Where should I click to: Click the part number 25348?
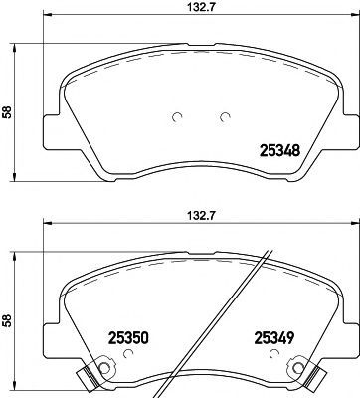[x=280, y=151]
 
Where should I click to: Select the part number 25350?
[x=128, y=338]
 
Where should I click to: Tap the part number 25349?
[x=273, y=338]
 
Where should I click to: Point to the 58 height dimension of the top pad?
[x=7, y=112]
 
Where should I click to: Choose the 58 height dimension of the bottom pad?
[x=7, y=320]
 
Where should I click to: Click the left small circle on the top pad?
[x=177, y=117]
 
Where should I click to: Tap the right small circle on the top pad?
[x=226, y=117]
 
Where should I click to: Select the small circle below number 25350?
[x=127, y=354]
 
